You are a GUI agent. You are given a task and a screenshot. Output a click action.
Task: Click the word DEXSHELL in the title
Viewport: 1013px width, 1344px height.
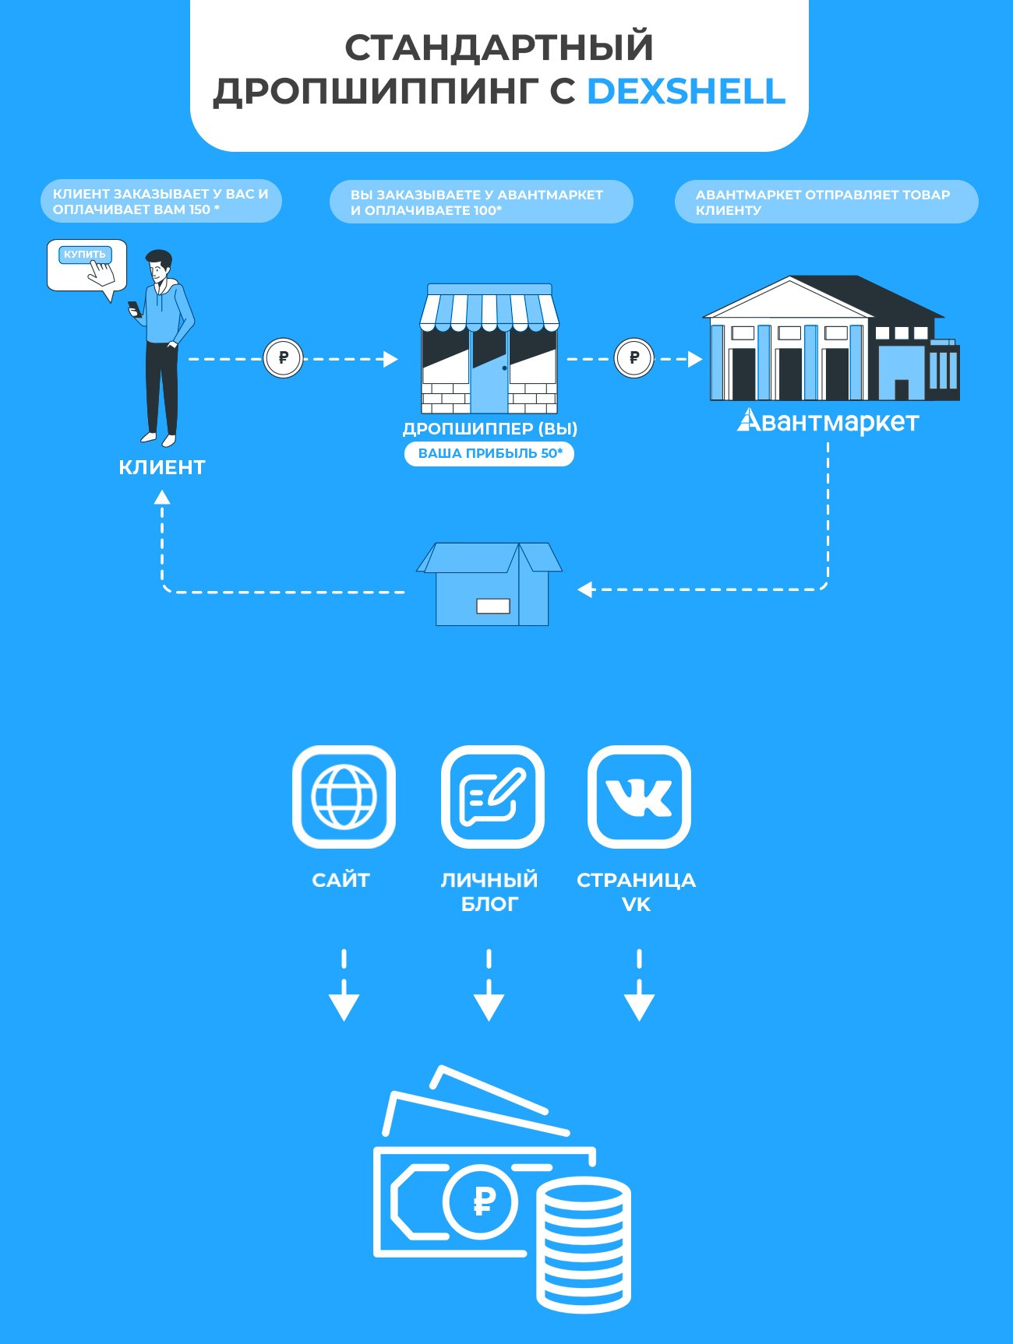pyautogui.click(x=686, y=92)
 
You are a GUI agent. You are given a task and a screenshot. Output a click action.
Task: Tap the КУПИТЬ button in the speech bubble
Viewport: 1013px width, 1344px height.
pyautogui.click(x=85, y=255)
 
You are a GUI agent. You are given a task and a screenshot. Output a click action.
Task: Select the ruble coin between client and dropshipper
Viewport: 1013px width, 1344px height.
pyautogui.click(x=283, y=358)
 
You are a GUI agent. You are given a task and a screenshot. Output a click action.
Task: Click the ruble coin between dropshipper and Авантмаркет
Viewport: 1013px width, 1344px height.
pyautogui.click(x=634, y=358)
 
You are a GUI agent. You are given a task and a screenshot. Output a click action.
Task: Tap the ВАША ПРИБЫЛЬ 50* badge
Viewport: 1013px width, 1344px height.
pyautogui.click(x=489, y=453)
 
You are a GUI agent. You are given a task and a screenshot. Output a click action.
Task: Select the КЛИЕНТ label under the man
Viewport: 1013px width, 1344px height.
pyautogui.click(x=162, y=467)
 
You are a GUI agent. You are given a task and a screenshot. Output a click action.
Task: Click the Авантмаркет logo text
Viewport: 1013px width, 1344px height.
pyautogui.click(x=828, y=421)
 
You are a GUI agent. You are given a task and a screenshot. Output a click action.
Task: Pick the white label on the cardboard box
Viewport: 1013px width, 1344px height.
pyautogui.click(x=492, y=606)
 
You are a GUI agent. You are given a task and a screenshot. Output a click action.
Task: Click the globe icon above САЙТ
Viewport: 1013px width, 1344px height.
pyautogui.click(x=344, y=797)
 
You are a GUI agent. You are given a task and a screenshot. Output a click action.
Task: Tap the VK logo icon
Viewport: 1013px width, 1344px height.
pyautogui.click(x=639, y=797)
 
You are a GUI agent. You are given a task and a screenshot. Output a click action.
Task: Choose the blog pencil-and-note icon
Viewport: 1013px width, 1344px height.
pyautogui.click(x=492, y=797)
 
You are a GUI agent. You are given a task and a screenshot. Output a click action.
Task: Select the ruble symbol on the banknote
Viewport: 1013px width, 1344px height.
pyautogui.click(x=483, y=1201)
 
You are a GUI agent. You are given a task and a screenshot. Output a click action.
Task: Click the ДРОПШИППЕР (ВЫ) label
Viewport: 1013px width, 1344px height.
pyautogui.click(x=489, y=428)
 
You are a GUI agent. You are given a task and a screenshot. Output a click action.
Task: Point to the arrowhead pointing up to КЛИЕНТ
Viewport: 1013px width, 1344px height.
pyautogui.click(x=162, y=498)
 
